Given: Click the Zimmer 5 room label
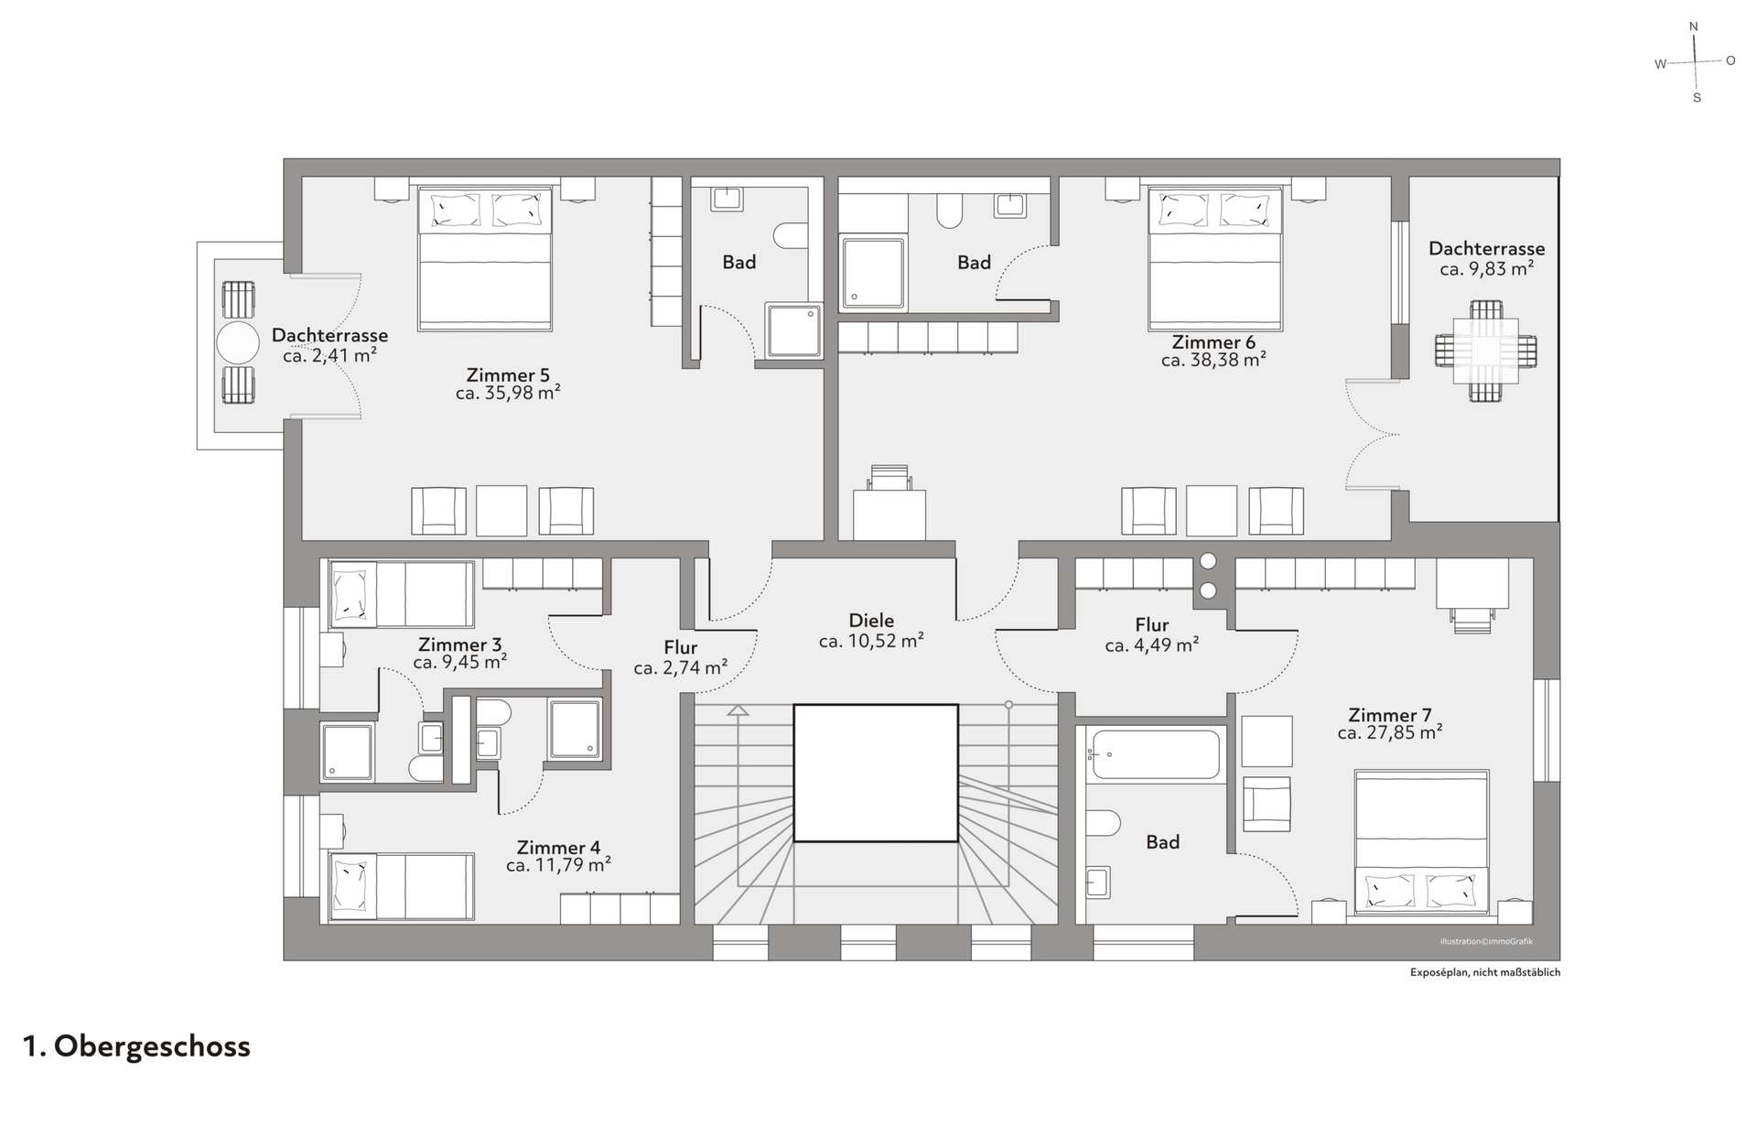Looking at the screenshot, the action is (x=508, y=374).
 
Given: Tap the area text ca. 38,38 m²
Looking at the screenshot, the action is (x=1213, y=360).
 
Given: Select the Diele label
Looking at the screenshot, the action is (x=871, y=620).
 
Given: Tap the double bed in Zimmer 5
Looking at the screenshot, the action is (x=485, y=259).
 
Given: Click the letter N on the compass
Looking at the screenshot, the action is (x=1693, y=27).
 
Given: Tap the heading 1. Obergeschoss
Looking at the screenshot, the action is (x=136, y=1046).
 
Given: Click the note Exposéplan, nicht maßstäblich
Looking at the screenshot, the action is (x=1485, y=972).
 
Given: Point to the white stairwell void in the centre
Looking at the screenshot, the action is (x=876, y=773).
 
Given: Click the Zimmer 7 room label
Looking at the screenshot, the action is (x=1389, y=715).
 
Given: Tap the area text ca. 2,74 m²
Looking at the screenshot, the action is (x=681, y=667).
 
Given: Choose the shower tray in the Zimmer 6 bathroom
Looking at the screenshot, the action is (x=874, y=272).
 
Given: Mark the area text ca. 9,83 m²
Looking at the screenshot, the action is (x=1486, y=269).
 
